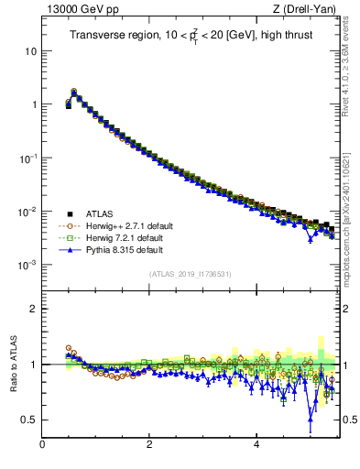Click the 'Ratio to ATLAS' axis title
point(12,364)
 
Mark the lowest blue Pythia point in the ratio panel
point(311,422)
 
